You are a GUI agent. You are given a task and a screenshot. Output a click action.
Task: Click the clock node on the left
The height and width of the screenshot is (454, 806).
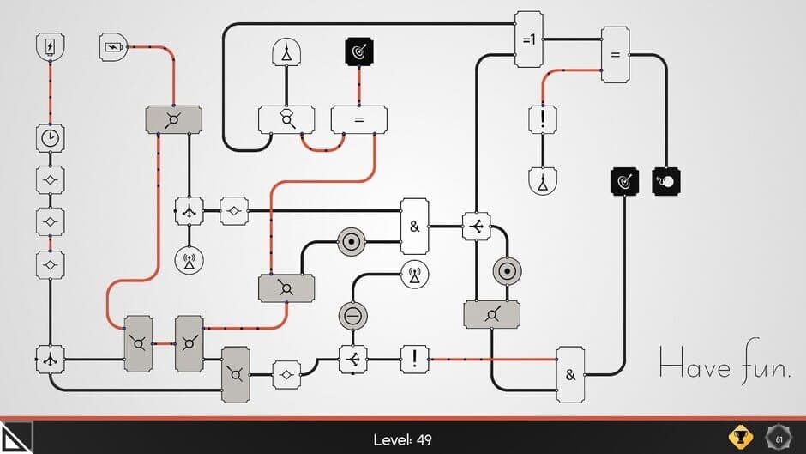click(x=51, y=137)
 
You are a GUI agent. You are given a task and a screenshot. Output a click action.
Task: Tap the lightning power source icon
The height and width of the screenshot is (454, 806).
click(x=51, y=45)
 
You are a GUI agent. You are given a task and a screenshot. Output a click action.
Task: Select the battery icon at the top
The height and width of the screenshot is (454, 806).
click(x=113, y=45)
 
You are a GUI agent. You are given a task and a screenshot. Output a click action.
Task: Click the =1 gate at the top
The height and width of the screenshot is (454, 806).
click(x=528, y=39)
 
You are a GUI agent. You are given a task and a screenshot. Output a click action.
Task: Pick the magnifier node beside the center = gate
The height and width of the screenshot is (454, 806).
click(x=286, y=120)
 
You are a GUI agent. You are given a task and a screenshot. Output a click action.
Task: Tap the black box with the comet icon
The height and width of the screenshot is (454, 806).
click(x=666, y=180)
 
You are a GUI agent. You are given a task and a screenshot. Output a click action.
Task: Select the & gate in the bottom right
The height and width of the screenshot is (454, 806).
click(x=570, y=374)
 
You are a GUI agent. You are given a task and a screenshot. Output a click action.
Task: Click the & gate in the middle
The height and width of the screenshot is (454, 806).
click(x=414, y=227)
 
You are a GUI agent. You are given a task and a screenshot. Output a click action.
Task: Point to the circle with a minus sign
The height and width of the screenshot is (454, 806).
click(x=352, y=315)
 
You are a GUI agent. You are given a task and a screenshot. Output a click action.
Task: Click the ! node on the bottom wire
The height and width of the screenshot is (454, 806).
click(x=414, y=359)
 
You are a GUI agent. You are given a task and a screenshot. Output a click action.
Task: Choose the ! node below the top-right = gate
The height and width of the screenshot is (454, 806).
click(x=543, y=118)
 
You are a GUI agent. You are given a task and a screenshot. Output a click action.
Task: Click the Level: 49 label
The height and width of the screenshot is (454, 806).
click(x=403, y=440)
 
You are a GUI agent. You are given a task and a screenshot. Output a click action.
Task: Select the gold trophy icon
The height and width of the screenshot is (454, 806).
click(x=740, y=438)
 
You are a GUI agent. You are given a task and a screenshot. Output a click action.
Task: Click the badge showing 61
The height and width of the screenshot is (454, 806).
click(x=779, y=438)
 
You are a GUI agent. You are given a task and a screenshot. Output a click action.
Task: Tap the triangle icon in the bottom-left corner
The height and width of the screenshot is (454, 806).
click(x=15, y=438)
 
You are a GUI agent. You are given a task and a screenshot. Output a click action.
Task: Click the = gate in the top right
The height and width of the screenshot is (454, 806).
click(x=614, y=55)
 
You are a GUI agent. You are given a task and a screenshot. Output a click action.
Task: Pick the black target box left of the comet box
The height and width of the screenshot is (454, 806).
click(x=624, y=180)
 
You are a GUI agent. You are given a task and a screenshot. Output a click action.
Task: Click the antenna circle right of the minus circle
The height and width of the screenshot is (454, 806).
click(x=414, y=275)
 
